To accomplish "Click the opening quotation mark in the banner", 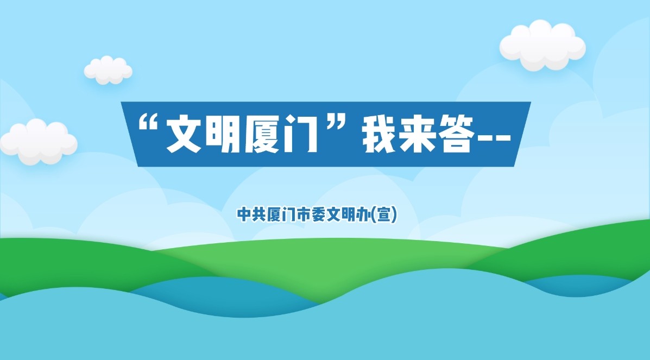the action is click(148, 123).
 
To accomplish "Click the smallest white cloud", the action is click(108, 70).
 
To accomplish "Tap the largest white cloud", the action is click(542, 45).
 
